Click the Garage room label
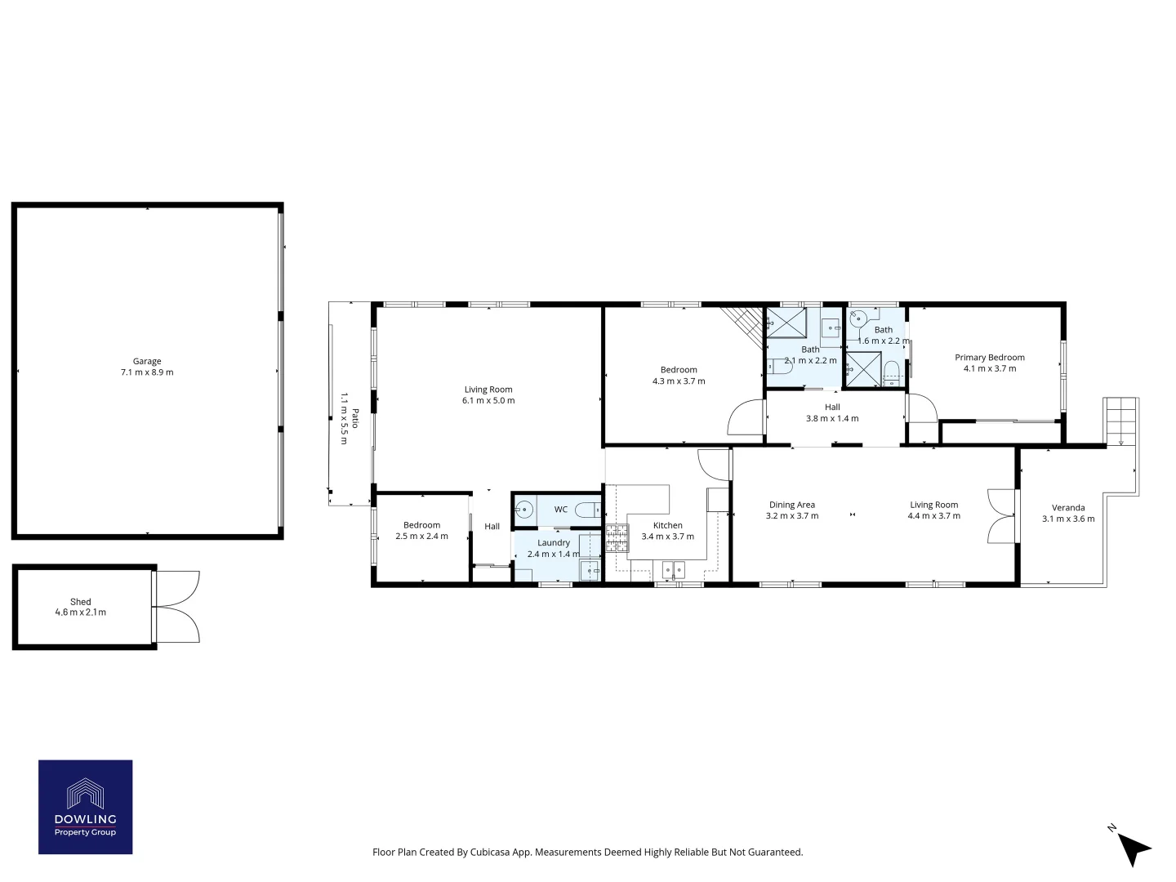pos(147,361)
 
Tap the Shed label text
pos(80,602)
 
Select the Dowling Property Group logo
pos(86,807)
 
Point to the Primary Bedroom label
pos(989,358)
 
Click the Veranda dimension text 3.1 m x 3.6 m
pos(1068,519)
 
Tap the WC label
pos(561,510)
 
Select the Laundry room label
pos(554,543)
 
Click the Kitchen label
pos(667,526)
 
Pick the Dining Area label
pos(791,505)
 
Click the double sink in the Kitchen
pos(673,569)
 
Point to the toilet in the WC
pos(586,510)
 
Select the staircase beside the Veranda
pos(1120,421)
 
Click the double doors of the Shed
pos(177,606)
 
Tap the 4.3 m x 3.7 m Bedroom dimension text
pos(679,381)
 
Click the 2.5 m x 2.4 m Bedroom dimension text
pos(421,537)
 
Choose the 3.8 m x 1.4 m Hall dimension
pos(832,418)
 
